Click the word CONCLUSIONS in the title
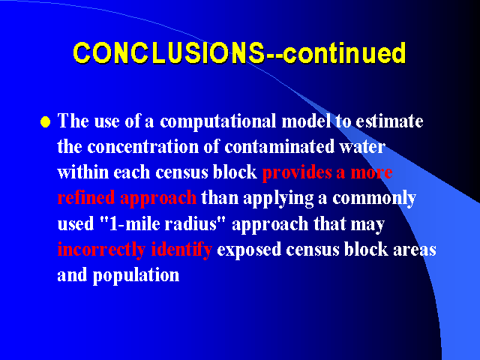coord(169,52)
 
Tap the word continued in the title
coord(344,52)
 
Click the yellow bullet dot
coord(45,121)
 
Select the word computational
coord(218,121)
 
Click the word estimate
coord(389,121)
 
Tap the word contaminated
coord(279,147)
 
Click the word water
coord(362,147)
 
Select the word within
coord(83,172)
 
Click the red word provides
coord(297,172)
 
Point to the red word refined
coord(86,197)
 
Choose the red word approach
coord(158,199)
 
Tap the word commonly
coord(374,199)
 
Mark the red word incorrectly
coord(101,250)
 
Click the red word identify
coord(181,250)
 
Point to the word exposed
coord(249,250)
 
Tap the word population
coord(136,275)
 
